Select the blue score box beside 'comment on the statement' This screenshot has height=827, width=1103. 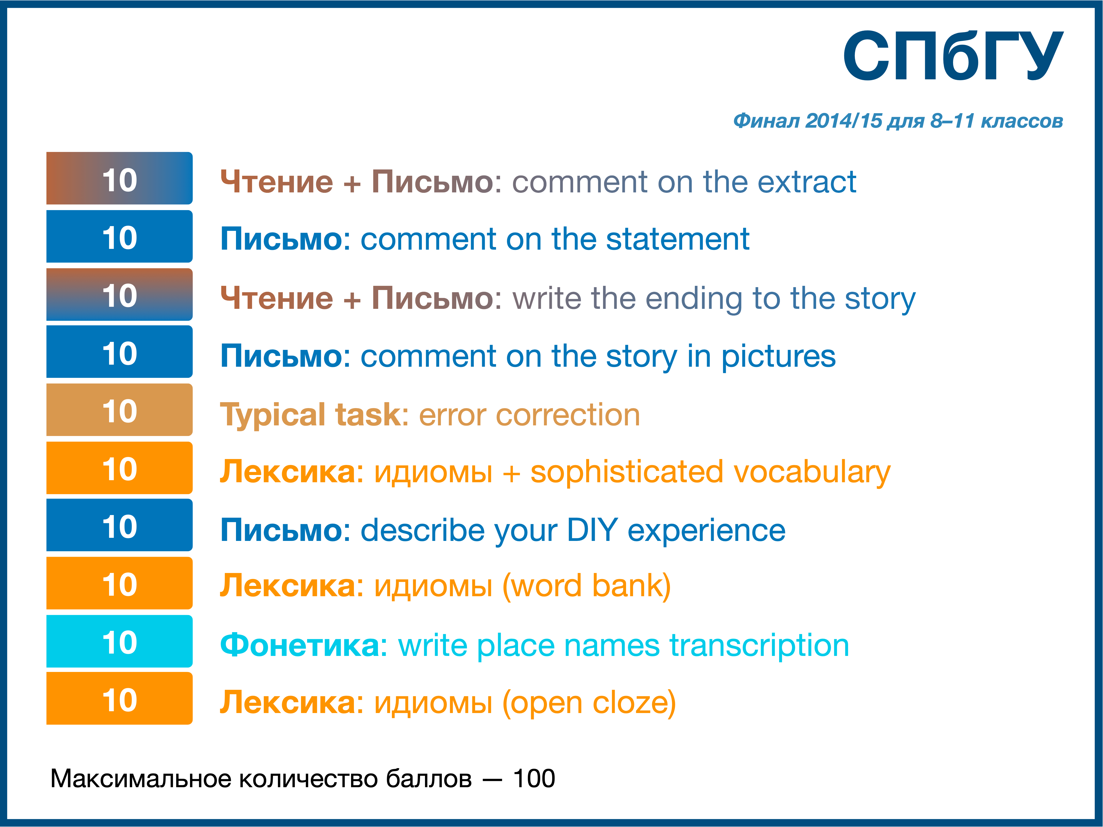click(x=120, y=236)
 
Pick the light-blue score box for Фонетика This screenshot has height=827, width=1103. click(x=120, y=641)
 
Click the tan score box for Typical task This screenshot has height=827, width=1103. click(x=120, y=410)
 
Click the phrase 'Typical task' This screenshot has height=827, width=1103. click(x=310, y=415)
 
